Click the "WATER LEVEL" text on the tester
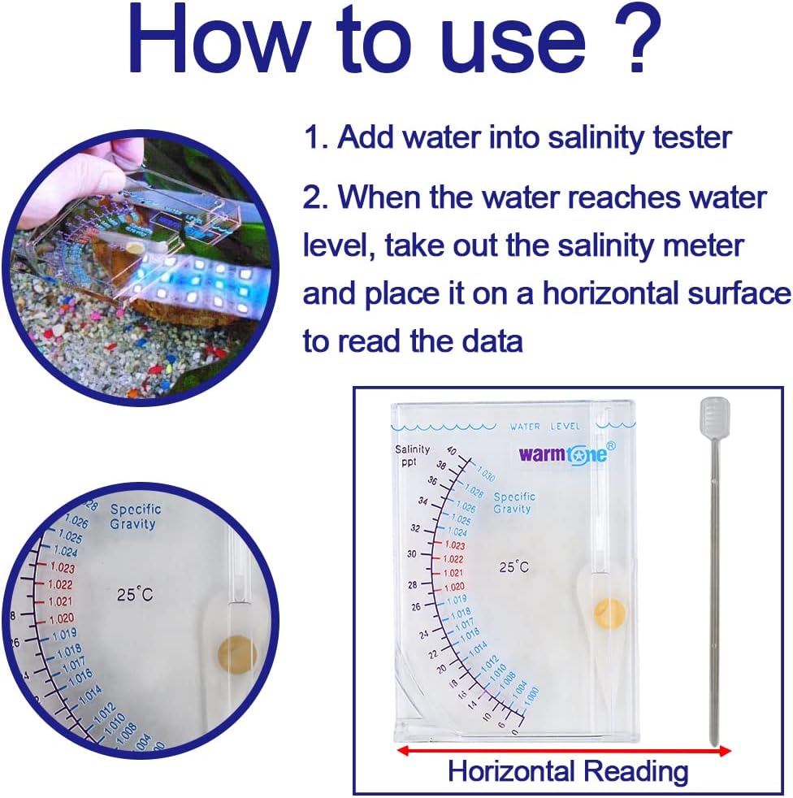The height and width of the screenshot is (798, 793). pos(545,426)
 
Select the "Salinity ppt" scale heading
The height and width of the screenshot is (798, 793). pos(412,456)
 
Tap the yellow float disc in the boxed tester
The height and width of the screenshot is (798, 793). pos(609,612)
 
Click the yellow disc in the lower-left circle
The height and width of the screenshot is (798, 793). pos(236,653)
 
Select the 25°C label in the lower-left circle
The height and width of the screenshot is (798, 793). pos(135,595)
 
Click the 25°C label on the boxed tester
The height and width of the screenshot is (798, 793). pos(513,567)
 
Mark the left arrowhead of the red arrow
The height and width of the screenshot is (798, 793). pos(400,752)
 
